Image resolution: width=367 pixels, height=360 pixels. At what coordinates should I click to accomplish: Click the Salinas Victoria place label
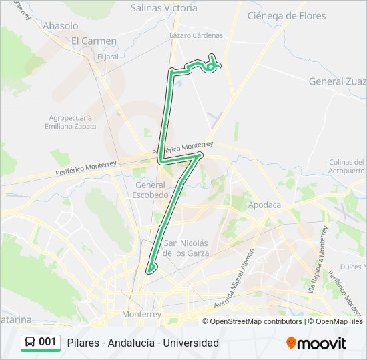coord(164,9)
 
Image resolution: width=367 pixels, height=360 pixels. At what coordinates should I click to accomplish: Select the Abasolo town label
coord(60,26)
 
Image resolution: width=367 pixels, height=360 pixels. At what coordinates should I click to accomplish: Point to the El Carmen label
coord(94,41)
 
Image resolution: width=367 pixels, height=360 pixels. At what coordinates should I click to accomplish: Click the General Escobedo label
coord(151,190)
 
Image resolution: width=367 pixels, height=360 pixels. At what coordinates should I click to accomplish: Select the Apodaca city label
coord(264,205)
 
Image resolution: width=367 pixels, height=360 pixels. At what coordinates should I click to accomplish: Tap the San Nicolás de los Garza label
coord(187,248)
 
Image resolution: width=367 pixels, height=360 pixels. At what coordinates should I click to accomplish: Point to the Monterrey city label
coord(142,313)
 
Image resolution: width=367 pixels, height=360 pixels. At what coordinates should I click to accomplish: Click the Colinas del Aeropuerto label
coord(347,167)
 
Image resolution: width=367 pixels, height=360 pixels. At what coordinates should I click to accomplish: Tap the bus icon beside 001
coord(31,343)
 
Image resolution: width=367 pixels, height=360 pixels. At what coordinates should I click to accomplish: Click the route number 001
coord(48,343)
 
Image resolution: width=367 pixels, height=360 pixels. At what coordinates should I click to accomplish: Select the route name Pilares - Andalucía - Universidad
coord(143,343)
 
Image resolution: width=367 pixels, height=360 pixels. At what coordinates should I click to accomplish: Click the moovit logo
coord(316,343)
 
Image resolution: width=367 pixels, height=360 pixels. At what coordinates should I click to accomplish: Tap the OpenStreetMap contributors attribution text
coord(256,321)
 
